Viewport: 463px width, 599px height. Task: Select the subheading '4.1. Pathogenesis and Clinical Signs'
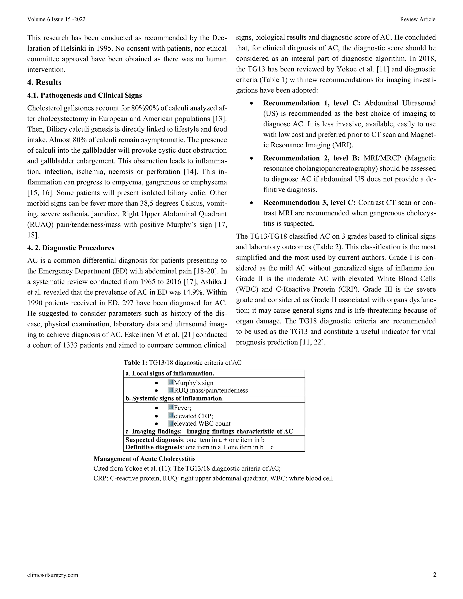click(85, 95)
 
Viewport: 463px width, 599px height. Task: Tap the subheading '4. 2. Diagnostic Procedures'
click(71, 248)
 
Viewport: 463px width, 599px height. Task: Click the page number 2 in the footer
click(435, 575)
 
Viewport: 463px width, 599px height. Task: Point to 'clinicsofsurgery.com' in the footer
click(53, 575)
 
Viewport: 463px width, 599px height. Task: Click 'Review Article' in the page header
click(418, 19)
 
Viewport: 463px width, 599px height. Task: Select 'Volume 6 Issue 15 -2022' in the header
click(56, 19)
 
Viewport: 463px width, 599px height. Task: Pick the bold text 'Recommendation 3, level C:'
click(309, 203)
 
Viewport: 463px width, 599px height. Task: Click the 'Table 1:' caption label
click(135, 363)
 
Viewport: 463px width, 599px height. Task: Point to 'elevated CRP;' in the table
click(193, 416)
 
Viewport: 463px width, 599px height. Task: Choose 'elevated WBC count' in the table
click(202, 423)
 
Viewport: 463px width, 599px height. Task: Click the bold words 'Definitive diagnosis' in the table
click(154, 447)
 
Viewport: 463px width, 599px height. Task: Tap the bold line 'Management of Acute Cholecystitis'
click(144, 459)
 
